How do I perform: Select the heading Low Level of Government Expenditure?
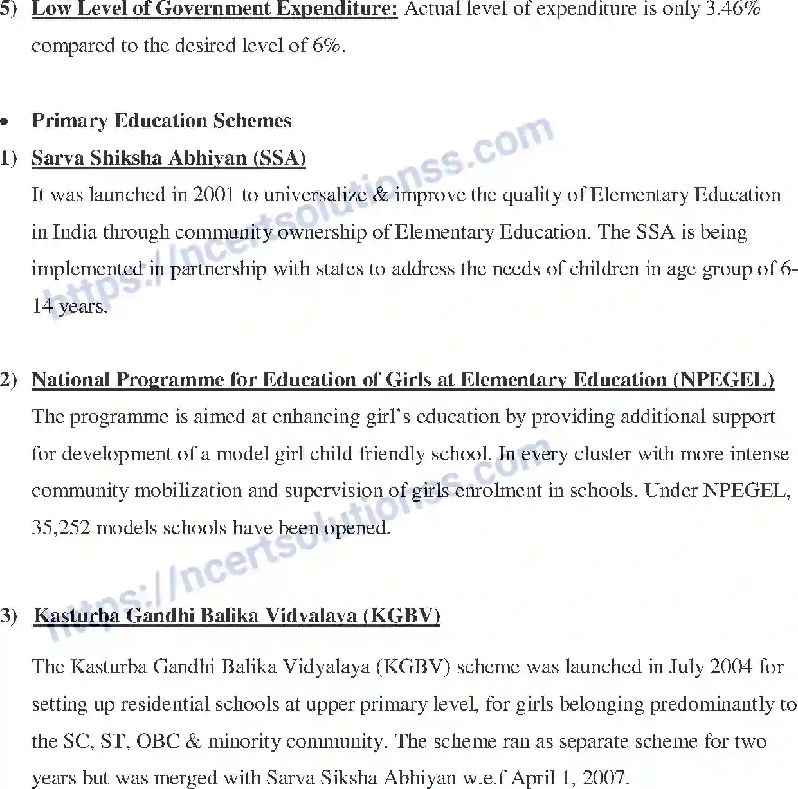point(215,9)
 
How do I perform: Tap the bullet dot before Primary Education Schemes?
point(5,122)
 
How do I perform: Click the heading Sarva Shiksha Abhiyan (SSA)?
point(168,158)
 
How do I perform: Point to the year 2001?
point(213,195)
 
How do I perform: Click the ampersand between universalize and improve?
point(381,195)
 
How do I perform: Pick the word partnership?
point(218,269)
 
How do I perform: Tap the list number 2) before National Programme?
point(9,380)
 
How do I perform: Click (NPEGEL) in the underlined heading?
point(723,380)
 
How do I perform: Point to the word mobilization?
point(188,491)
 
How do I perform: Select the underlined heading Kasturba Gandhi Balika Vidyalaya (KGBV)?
point(237,616)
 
